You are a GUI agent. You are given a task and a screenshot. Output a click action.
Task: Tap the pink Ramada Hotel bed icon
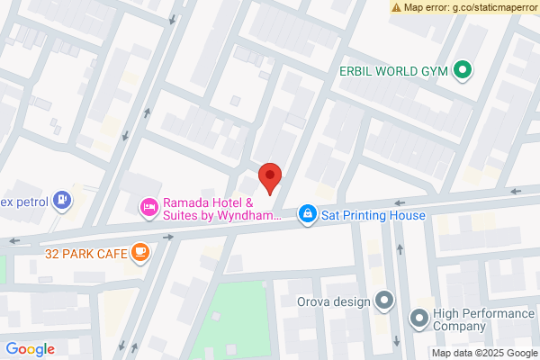(149, 208)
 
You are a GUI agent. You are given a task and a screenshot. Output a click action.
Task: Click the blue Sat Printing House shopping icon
(308, 213)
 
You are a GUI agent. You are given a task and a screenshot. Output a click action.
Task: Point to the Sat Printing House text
(373, 214)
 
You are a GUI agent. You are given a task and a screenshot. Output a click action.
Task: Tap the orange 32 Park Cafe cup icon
(139, 253)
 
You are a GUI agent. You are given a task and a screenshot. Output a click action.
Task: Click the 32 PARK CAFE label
(84, 254)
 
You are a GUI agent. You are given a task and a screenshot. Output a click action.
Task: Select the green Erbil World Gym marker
(463, 69)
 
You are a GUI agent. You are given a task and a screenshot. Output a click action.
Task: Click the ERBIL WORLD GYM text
(394, 69)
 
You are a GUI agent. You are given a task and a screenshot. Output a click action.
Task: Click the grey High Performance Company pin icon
(418, 319)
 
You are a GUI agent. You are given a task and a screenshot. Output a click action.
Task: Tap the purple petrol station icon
(61, 199)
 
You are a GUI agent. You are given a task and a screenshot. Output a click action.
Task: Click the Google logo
(31, 349)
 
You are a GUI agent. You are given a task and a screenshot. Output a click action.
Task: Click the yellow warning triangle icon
(396, 7)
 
